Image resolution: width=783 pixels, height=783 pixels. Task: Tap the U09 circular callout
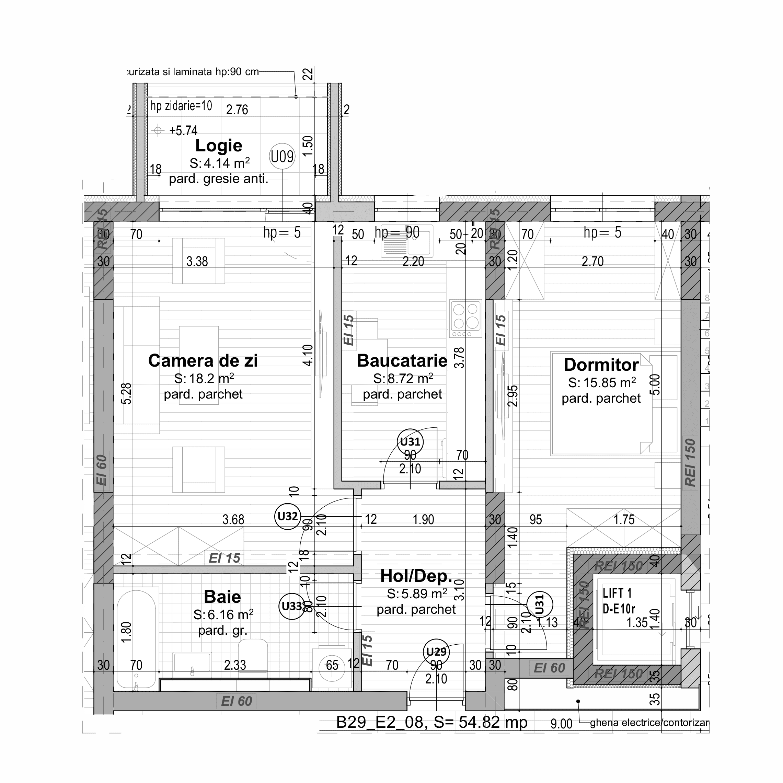(282, 157)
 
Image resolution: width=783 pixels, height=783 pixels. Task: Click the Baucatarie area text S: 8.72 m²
(403, 379)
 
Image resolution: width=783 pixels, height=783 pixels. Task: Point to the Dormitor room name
(601, 365)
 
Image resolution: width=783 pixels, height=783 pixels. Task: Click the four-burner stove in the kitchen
(465, 319)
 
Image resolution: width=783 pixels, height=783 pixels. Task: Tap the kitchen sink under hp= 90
(406, 242)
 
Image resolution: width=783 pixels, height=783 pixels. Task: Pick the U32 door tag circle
(287, 516)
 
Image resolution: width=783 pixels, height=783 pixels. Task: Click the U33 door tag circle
(292, 606)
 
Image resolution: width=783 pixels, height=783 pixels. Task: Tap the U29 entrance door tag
(436, 652)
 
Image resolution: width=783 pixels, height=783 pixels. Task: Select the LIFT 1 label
(617, 593)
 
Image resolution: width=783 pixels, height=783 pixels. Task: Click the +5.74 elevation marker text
(183, 130)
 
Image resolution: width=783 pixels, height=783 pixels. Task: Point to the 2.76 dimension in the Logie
(237, 110)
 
